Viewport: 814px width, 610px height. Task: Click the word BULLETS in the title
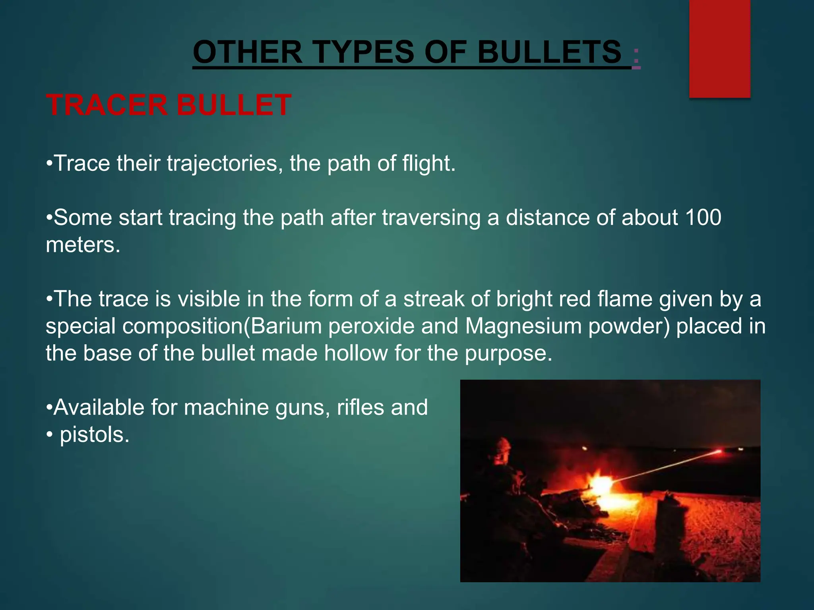click(549, 52)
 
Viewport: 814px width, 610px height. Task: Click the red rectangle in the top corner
click(719, 48)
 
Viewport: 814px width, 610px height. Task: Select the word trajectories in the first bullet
click(222, 163)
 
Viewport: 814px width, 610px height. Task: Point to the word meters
click(83, 245)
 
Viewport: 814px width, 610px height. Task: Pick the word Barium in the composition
click(286, 326)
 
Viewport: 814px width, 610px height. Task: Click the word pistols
click(95, 434)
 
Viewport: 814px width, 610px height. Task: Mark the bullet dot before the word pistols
click(49, 435)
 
